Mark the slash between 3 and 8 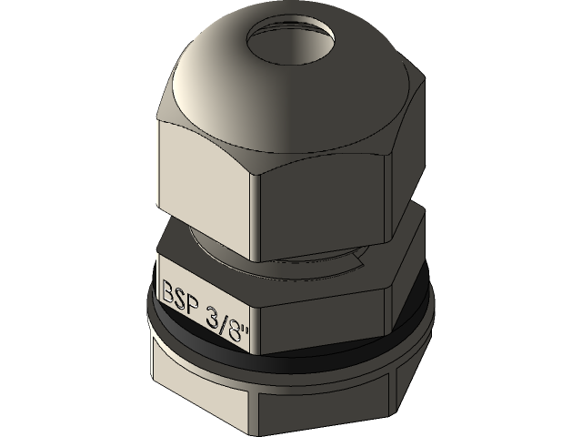229,317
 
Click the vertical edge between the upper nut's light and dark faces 261,218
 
